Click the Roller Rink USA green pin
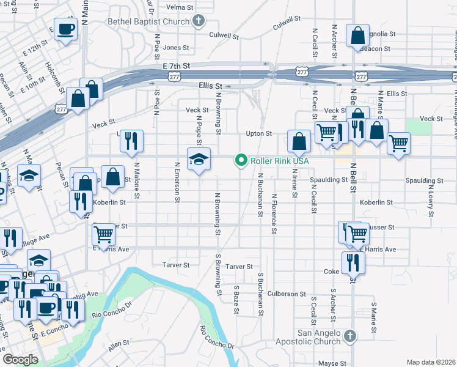point(241,161)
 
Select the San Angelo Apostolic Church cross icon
point(349,336)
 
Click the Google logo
point(20,360)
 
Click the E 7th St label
point(177,65)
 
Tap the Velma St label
point(180,7)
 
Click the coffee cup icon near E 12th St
point(66,28)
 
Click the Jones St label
point(176,47)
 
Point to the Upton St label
point(258,133)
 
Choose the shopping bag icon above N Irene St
point(299,143)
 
